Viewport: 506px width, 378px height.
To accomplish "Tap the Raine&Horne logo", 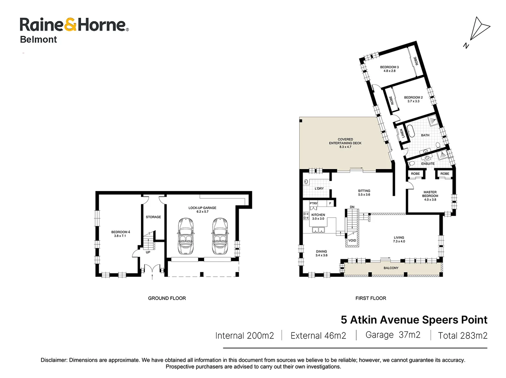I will click(74, 25).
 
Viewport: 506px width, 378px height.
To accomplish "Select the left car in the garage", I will click(185, 236).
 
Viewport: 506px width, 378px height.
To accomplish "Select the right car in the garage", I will click(220, 236).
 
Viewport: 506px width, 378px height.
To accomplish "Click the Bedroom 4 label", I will click(120, 234).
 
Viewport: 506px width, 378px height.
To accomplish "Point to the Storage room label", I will click(153, 217).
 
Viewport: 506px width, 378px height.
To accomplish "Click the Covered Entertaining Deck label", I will click(345, 143).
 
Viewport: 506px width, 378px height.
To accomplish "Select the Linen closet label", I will click(402, 133).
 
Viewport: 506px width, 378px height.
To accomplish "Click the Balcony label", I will click(391, 268).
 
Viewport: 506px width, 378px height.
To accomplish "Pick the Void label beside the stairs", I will click(352, 240).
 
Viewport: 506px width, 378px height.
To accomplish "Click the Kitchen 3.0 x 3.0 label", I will click(318, 217).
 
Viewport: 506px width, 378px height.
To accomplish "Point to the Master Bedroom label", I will click(430, 196).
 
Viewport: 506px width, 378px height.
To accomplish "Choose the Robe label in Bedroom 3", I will click(416, 61).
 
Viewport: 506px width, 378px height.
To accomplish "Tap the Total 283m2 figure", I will click(463, 336).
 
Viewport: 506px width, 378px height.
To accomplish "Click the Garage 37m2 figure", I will click(393, 335).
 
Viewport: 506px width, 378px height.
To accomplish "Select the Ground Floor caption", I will click(167, 298).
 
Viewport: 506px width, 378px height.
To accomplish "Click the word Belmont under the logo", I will click(38, 40).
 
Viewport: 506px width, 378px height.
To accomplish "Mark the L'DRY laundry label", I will click(319, 188).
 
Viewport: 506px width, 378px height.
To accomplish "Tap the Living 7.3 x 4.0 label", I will click(399, 239).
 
